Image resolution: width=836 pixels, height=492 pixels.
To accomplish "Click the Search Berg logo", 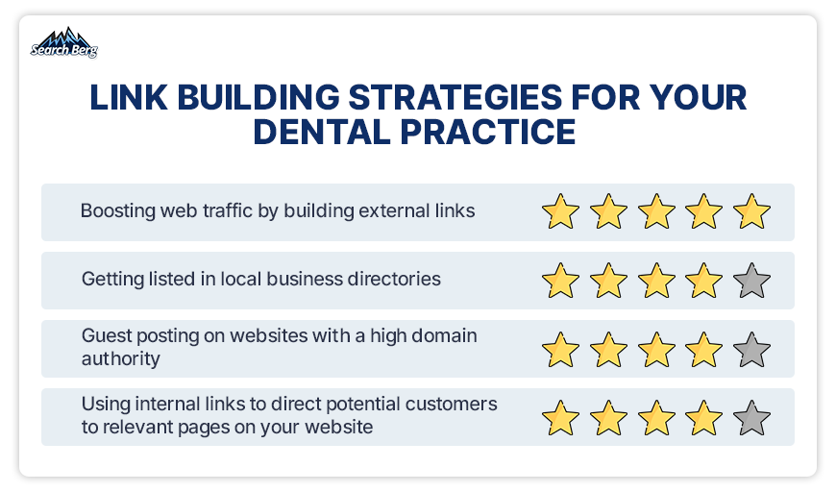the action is point(64,42).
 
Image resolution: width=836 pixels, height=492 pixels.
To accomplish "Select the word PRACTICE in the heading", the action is point(488,132).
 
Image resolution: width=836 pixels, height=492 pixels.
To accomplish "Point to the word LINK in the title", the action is point(129,98).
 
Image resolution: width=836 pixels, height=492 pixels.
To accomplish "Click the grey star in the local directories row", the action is point(751,280).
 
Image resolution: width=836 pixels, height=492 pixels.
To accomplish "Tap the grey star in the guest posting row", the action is point(751,349).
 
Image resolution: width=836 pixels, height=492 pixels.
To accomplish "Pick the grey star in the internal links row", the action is point(751,417).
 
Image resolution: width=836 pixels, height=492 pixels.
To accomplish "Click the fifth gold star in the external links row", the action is point(751,211).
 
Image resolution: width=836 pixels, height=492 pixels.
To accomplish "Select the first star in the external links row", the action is point(560,211).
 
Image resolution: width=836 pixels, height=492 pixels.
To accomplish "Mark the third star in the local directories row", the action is point(656,280).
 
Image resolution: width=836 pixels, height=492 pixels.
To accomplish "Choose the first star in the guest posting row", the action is point(560,349).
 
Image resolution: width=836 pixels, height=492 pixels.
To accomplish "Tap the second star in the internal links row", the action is point(608,417).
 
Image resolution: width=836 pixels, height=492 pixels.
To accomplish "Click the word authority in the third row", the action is point(120,358).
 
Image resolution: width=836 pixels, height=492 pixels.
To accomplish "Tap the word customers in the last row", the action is point(451,404).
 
